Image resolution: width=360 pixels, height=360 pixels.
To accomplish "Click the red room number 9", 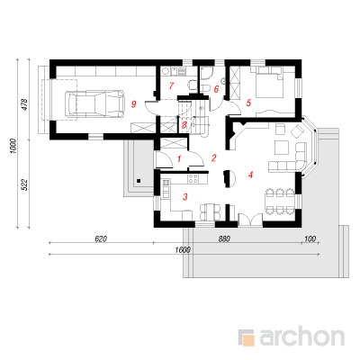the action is pyautogui.click(x=134, y=104).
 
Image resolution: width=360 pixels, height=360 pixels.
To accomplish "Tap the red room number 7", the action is pyautogui.click(x=171, y=86).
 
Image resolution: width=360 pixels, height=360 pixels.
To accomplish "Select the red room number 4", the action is pyautogui.click(x=250, y=175).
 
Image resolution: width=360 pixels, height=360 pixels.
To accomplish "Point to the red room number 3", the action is pyautogui.click(x=185, y=197).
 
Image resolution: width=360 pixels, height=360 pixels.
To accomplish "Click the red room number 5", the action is pyautogui.click(x=248, y=103).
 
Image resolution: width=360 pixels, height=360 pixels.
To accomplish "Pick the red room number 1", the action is pyautogui.click(x=179, y=158).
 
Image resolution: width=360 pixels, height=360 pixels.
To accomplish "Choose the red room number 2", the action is pyautogui.click(x=213, y=157).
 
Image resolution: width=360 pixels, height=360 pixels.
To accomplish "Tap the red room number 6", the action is pyautogui.click(x=216, y=89).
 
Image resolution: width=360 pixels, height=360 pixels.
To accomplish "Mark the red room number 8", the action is pyautogui.click(x=184, y=125).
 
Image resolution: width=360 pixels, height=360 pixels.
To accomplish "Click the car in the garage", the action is pyautogui.click(x=94, y=103).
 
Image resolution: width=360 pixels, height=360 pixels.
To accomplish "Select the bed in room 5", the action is pyautogui.click(x=269, y=82).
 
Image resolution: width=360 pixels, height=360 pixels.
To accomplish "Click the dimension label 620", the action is pyautogui.click(x=101, y=239).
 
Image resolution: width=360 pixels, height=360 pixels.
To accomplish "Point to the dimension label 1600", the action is pyautogui.click(x=184, y=250).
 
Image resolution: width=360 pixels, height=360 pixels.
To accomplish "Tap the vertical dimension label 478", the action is pyautogui.click(x=25, y=104).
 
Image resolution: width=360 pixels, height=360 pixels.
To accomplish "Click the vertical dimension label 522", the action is pyautogui.click(x=25, y=184).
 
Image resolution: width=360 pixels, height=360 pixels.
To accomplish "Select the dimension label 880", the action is pyautogui.click(x=224, y=239).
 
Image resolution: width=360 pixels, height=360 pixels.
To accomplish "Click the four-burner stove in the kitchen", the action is pyautogui.click(x=193, y=178).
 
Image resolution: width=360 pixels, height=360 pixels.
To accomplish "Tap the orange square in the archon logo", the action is pyautogui.click(x=249, y=339).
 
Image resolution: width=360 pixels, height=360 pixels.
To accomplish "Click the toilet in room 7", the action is pyautogui.click(x=192, y=85).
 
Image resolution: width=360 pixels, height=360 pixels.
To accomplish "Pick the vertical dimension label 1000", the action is pyautogui.click(x=13, y=146).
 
